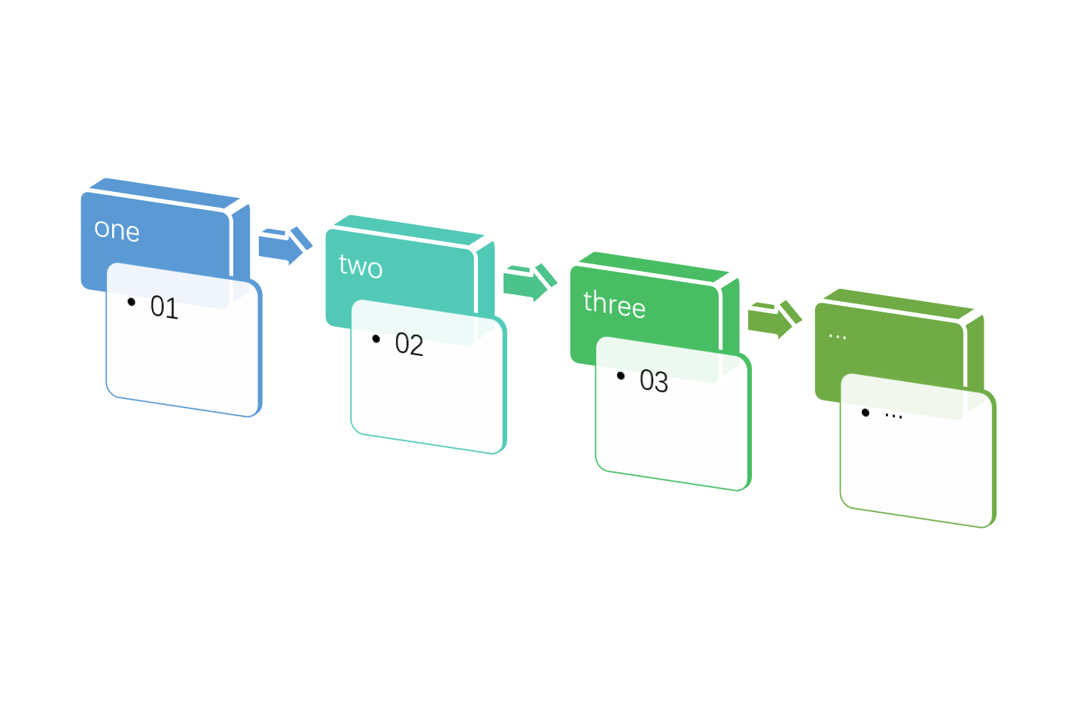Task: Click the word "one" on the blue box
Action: click(117, 230)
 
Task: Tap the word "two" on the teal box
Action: click(361, 267)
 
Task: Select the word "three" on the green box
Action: click(614, 304)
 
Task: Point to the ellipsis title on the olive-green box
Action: click(837, 335)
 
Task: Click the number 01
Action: click(164, 307)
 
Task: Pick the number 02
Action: click(409, 344)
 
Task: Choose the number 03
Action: click(653, 382)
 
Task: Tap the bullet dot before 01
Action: click(132, 302)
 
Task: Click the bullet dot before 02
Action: click(376, 339)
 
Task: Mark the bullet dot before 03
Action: click(621, 376)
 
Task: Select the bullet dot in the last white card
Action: click(866, 413)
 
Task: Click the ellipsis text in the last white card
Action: click(893, 415)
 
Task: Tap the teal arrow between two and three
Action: click(529, 282)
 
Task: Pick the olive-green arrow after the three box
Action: click(774, 319)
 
